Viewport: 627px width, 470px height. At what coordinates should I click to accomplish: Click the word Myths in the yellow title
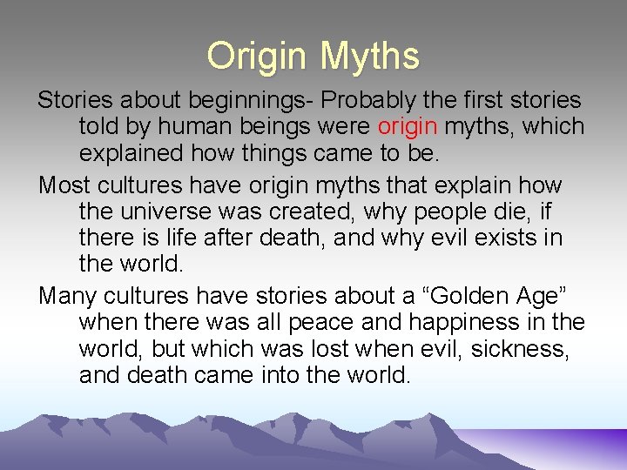click(369, 57)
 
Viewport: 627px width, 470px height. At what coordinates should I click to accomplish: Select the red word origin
click(408, 127)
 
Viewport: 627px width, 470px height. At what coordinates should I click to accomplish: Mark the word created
click(307, 211)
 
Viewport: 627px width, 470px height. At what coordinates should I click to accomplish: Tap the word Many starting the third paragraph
click(68, 296)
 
